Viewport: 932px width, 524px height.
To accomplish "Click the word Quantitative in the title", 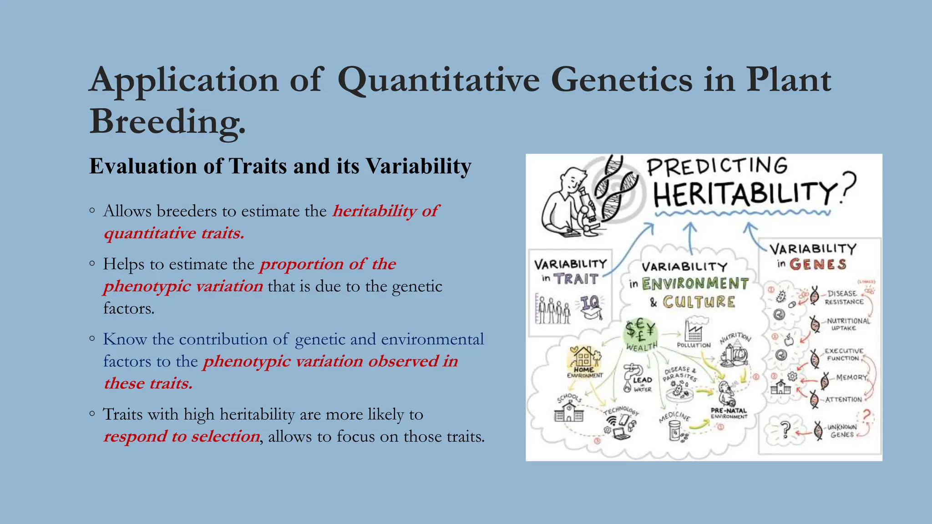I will pyautogui.click(x=439, y=81).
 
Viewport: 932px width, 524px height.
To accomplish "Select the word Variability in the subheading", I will pyautogui.click(x=419, y=166).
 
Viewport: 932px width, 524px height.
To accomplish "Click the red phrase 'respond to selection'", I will pyautogui.click(x=182, y=436).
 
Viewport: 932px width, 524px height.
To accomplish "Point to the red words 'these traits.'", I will pyautogui.click(x=148, y=383).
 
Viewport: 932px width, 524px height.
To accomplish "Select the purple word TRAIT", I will pyautogui.click(x=576, y=279).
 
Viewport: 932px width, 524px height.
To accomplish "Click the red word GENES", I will pyautogui.click(x=818, y=264).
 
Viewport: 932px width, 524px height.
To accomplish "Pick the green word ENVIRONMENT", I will pyautogui.click(x=695, y=284).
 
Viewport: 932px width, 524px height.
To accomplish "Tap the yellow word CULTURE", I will pyautogui.click(x=699, y=302).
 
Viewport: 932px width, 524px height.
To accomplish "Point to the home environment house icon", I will pyautogui.click(x=584, y=357).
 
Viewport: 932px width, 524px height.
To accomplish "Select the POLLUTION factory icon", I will pyautogui.click(x=693, y=330).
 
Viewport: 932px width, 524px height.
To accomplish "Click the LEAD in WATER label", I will pyautogui.click(x=642, y=384).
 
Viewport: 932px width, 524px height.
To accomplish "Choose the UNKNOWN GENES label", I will pyautogui.click(x=841, y=431).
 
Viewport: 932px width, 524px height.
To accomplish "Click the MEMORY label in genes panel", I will pyautogui.click(x=851, y=377).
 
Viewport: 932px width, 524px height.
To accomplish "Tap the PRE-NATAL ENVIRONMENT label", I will pyautogui.click(x=729, y=413).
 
